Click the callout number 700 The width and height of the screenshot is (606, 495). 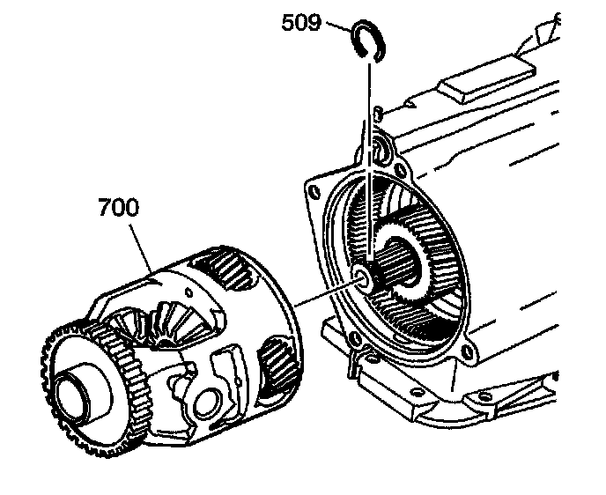coord(118,209)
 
